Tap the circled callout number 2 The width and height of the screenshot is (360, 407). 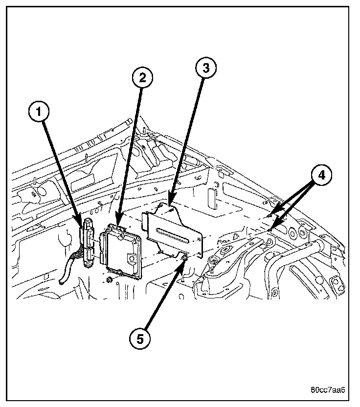[142, 77]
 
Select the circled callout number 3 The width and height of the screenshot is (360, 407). [205, 69]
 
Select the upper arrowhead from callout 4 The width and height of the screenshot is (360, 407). [271, 214]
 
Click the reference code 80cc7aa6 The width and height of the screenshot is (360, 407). [328, 390]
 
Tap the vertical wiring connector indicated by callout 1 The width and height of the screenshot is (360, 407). [88, 243]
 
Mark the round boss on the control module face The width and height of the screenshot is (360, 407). [131, 256]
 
